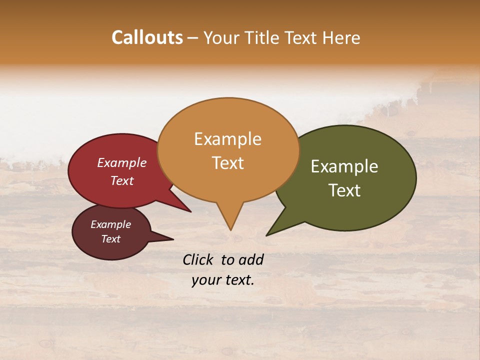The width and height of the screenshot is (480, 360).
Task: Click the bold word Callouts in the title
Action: pyautogui.click(x=147, y=37)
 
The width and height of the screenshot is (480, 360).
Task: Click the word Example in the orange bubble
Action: pyautogui.click(x=227, y=139)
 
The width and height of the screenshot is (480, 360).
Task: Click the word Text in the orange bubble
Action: pyautogui.click(x=228, y=163)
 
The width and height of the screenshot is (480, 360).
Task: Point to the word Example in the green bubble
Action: pyautogui.click(x=344, y=166)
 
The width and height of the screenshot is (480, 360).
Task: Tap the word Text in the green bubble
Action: pyautogui.click(x=344, y=190)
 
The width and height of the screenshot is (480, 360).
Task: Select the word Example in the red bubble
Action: pyautogui.click(x=121, y=162)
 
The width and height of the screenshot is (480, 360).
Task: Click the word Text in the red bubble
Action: pyautogui.click(x=121, y=180)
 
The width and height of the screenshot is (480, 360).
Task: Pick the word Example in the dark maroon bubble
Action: pyautogui.click(x=110, y=224)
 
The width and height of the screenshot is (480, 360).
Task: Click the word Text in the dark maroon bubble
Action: pyautogui.click(x=110, y=239)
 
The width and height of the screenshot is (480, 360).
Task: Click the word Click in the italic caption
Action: pyautogui.click(x=199, y=259)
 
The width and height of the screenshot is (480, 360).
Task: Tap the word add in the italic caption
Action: pyautogui.click(x=251, y=259)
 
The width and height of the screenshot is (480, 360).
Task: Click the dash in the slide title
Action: pyautogui.click(x=193, y=38)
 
